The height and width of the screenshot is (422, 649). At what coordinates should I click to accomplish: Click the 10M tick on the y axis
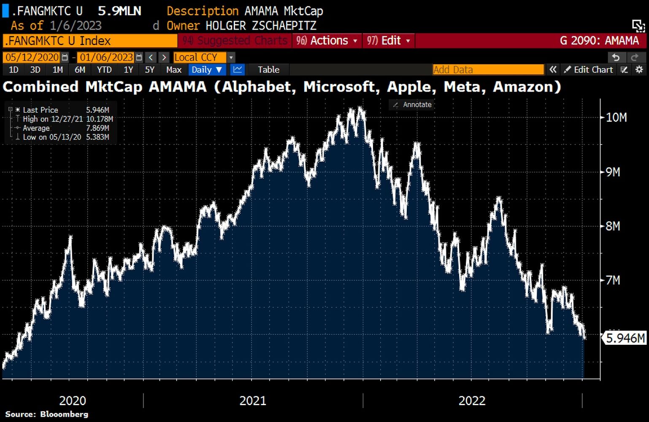click(x=616, y=117)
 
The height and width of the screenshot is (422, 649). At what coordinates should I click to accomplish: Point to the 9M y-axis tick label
click(x=613, y=172)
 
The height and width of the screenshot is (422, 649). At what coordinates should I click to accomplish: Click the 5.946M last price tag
click(x=625, y=338)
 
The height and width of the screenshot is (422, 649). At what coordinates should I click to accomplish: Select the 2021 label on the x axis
click(x=253, y=400)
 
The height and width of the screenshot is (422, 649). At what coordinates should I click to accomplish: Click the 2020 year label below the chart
click(x=73, y=400)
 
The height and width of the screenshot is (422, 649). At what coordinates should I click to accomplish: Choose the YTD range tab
click(x=104, y=70)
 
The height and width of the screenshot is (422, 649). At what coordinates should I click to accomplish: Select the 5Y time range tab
click(x=150, y=70)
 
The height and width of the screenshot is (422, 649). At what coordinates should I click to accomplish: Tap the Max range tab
click(x=173, y=70)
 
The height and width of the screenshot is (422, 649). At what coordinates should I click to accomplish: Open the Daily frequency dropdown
click(x=207, y=70)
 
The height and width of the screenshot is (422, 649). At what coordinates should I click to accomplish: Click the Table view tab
click(x=268, y=70)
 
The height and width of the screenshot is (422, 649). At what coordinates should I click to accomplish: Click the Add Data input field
click(x=488, y=70)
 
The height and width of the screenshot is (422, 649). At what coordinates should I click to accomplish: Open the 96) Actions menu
click(x=327, y=41)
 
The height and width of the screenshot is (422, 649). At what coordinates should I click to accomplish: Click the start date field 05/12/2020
click(x=32, y=57)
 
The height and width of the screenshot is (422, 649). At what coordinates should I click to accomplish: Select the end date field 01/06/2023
click(x=106, y=57)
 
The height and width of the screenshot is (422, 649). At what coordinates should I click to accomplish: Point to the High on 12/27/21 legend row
click(x=68, y=119)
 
